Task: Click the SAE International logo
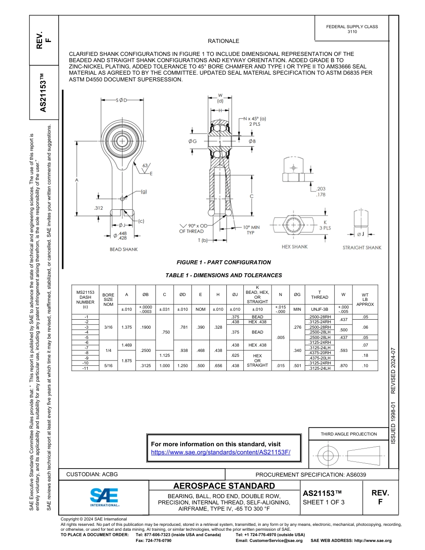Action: click(x=104, y=497)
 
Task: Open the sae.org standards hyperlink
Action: click(x=221, y=452)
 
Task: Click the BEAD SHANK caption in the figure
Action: click(x=124, y=249)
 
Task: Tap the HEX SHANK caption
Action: click(x=294, y=247)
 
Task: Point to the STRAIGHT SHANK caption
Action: click(x=362, y=247)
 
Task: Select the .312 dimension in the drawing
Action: click(x=98, y=208)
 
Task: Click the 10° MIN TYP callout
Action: click(x=251, y=230)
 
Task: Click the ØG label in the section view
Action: click(x=192, y=141)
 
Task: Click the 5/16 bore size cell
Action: click(x=108, y=366)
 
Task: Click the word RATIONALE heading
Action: click(x=223, y=41)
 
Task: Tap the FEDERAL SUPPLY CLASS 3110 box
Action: click(x=352, y=29)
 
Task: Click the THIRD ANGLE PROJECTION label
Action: click(x=348, y=434)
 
